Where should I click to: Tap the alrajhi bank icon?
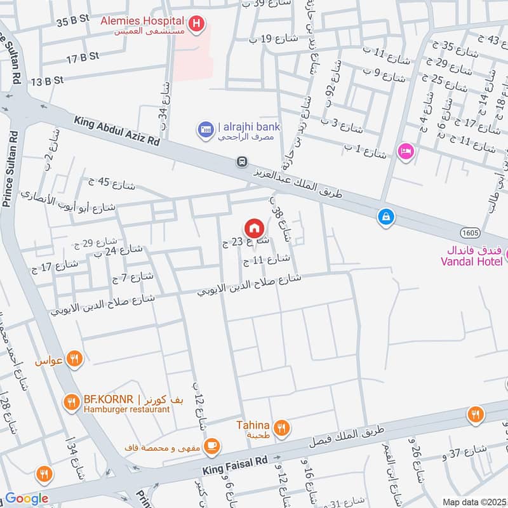tap(205, 130)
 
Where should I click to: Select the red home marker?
tap(254, 227)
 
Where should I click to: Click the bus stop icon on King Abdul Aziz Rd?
tap(241, 162)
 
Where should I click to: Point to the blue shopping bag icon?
tap(385, 217)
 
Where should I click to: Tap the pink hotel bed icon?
tap(404, 151)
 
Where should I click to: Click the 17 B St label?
tap(83, 57)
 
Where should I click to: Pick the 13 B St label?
tap(47, 81)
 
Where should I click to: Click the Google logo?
tap(26, 498)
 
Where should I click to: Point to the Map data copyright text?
tap(474, 502)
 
